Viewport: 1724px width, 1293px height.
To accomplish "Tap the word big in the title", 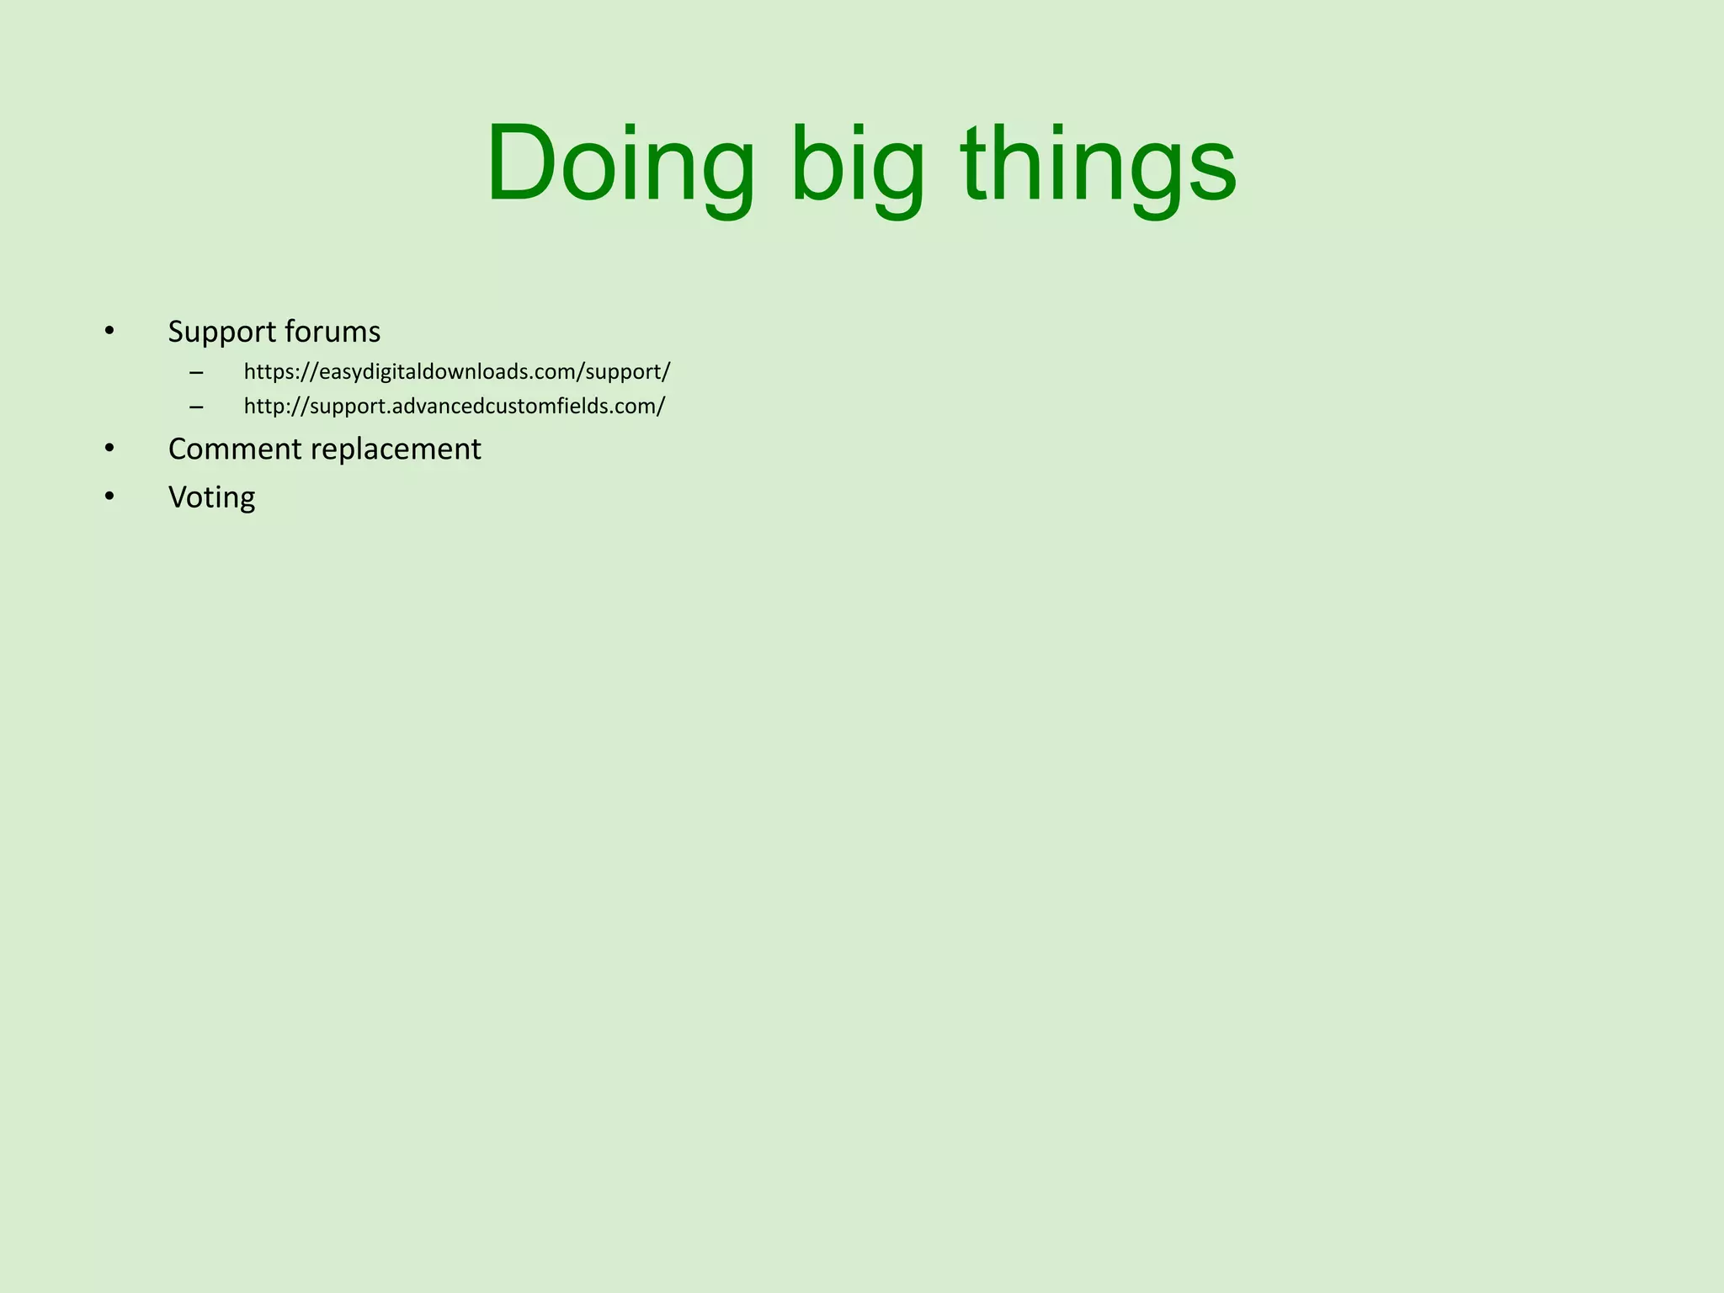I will coord(857,164).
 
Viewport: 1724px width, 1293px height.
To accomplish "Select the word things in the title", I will coord(1099,164).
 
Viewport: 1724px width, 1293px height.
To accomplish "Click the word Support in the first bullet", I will coord(222,333).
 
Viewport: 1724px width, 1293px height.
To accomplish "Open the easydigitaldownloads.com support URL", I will coord(457,372).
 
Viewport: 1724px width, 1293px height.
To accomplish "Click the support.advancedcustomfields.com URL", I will coord(455,407).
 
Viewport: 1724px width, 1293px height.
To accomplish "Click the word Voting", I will coord(211,498).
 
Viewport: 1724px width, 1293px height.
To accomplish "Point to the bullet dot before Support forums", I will coord(109,331).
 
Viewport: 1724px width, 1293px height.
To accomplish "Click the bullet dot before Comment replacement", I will coord(109,449).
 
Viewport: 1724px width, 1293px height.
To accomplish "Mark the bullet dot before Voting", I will coord(109,497).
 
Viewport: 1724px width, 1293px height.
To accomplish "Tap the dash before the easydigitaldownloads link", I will coord(196,373).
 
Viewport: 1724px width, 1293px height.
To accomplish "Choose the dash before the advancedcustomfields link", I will coord(196,407).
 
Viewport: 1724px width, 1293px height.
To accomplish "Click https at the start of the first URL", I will coord(265,372).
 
